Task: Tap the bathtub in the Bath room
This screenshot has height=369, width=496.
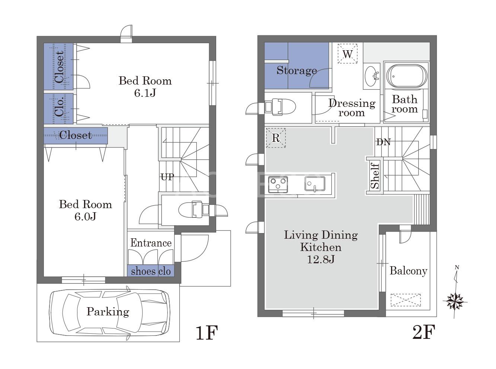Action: pos(407,76)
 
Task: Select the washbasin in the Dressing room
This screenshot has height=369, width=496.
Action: pos(371,76)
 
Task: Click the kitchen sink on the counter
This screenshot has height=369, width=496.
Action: pos(315,184)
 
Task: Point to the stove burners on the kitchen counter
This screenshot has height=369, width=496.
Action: pos(278,185)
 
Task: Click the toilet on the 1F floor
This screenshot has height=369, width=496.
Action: pos(194,210)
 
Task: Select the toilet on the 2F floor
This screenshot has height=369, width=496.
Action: pos(279,107)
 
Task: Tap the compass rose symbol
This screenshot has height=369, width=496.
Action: pos(455,302)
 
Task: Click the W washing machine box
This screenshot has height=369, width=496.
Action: pos(348,54)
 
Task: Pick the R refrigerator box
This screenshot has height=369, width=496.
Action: pos(276,138)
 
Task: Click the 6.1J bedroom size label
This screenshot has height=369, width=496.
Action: pos(145,93)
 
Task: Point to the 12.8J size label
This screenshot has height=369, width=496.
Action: pos(321,260)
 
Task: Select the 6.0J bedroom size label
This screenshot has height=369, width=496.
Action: pos(86,216)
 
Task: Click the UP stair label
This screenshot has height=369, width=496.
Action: pos(167,177)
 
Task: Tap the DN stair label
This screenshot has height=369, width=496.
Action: pos(383,142)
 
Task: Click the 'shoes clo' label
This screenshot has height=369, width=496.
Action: pos(151,271)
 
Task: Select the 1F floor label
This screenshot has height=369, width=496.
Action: pos(207,333)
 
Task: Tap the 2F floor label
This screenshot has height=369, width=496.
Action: pos(424,332)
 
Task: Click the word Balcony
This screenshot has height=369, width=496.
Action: pos(408,271)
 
